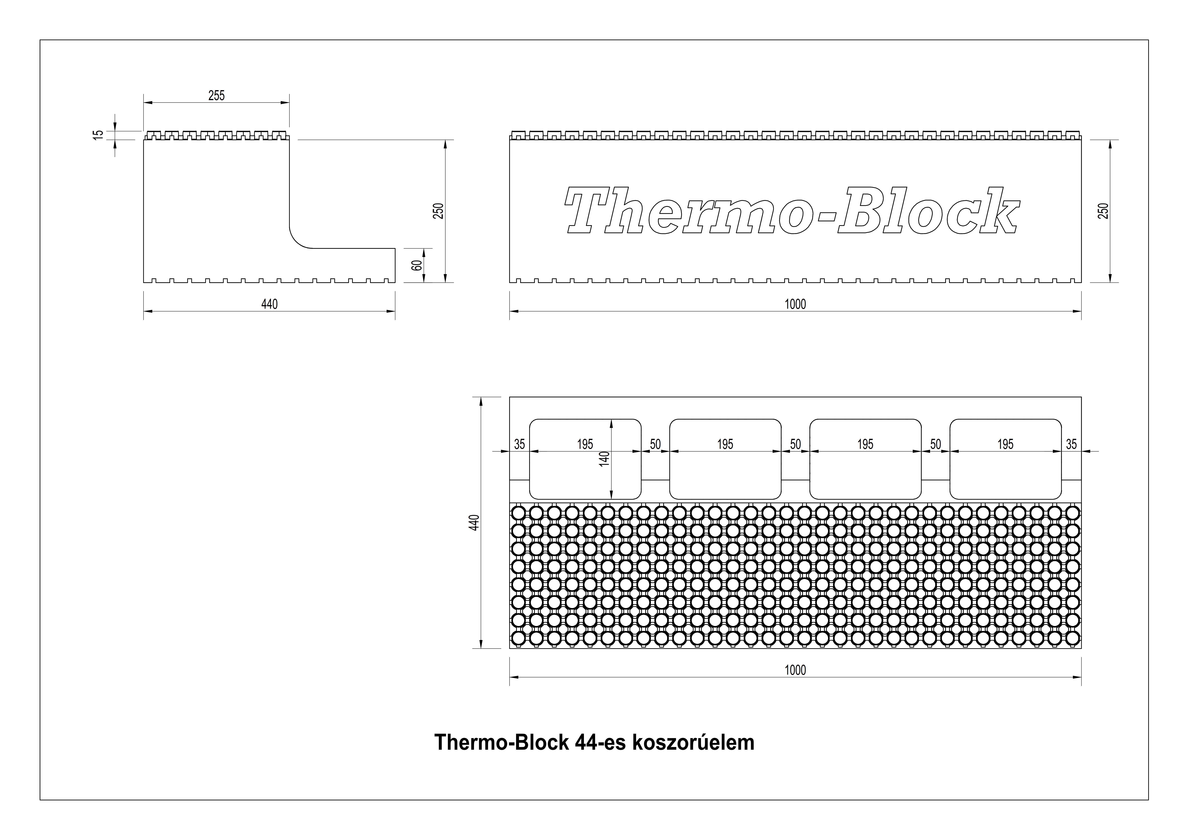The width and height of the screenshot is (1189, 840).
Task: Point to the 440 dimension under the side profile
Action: [269, 304]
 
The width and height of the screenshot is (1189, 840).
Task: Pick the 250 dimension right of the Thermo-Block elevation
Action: [1104, 211]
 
